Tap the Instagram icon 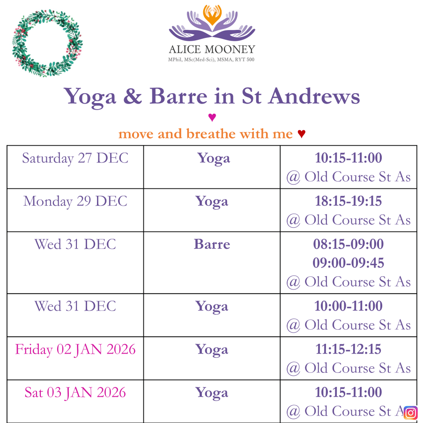coord(411,413)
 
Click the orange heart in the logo coord(212,15)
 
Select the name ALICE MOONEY coord(212,49)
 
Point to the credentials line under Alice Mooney coord(211,59)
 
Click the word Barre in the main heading coord(178,96)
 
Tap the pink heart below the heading coord(212,118)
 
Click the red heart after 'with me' coord(301,134)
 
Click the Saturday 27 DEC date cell coord(75,158)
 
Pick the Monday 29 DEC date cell coord(75,201)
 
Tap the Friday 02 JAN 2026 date coord(75,349)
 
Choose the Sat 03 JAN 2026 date coord(75,393)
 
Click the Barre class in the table coord(212,244)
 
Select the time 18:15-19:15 coord(348,201)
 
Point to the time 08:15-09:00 coord(348,244)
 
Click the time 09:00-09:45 coord(348,263)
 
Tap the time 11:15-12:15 coord(348,349)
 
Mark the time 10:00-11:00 coord(348,306)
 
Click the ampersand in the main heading coord(133,96)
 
